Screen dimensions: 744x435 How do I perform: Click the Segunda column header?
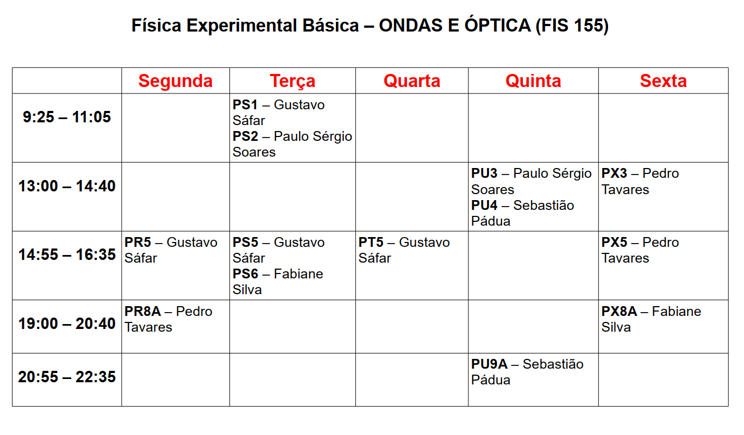tap(176, 82)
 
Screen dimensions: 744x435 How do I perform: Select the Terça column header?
tap(292, 82)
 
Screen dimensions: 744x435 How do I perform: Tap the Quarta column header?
tap(412, 81)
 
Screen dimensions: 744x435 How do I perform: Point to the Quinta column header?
tap(534, 81)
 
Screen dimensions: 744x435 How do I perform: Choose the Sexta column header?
tap(663, 81)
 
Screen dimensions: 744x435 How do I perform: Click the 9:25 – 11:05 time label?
tap(67, 117)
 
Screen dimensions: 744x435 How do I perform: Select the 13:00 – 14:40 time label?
tap(67, 186)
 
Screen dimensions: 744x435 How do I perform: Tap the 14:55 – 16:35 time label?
tap(67, 254)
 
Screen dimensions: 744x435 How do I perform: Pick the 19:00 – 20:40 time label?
tap(67, 324)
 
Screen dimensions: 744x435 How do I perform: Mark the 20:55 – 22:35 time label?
tap(67, 377)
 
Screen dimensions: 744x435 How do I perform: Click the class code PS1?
tap(245, 105)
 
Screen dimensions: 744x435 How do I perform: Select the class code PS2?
tap(245, 136)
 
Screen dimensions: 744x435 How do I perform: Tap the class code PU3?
tap(484, 173)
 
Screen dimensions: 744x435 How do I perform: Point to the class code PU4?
tap(484, 206)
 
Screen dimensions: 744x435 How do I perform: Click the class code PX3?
tap(615, 173)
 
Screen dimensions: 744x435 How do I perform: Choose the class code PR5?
tap(137, 243)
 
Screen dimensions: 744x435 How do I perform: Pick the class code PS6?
tap(245, 274)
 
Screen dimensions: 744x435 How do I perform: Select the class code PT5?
tap(371, 243)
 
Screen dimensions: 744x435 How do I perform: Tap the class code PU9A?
tap(489, 364)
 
